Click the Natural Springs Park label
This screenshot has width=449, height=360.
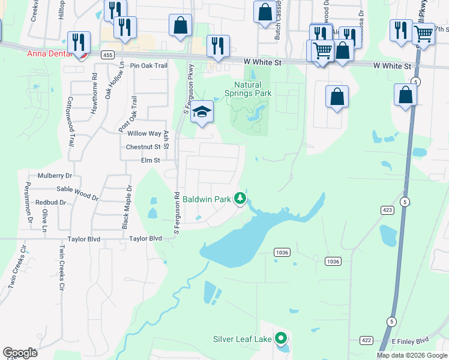[x=248, y=89]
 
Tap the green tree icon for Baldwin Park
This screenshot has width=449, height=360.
[x=240, y=199]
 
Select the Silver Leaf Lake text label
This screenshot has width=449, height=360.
[x=242, y=339]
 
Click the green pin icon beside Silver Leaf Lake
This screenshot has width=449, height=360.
[x=281, y=339]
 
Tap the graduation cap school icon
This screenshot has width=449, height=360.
[x=202, y=112]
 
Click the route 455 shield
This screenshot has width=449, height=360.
[x=107, y=55]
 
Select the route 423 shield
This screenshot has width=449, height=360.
[x=387, y=210]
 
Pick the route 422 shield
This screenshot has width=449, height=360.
[x=366, y=340]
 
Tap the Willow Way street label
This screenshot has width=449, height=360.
[x=144, y=134]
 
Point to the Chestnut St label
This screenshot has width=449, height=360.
[x=143, y=147]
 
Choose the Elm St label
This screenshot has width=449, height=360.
[x=150, y=160]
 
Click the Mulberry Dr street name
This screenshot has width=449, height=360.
[x=55, y=176]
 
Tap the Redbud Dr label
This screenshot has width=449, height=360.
[x=50, y=202]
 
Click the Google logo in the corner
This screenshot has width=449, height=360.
[x=20, y=353]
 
